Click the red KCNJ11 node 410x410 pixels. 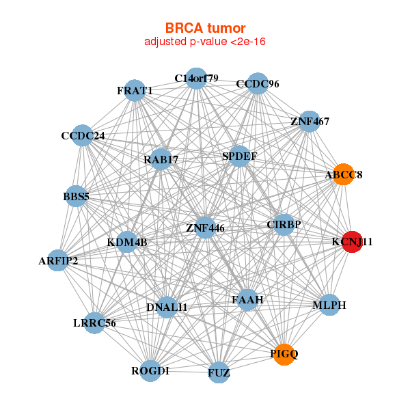(x=351, y=242)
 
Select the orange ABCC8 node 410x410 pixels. (x=343, y=174)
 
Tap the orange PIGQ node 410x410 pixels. (x=284, y=354)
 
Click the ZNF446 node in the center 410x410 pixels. (x=205, y=227)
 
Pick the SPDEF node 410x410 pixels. (x=239, y=156)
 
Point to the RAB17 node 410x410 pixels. (x=161, y=160)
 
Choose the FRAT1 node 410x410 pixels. (x=135, y=91)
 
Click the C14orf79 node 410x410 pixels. (x=196, y=78)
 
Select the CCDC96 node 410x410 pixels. (x=257, y=84)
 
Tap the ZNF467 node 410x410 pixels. (x=310, y=122)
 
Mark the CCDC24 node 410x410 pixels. (x=83, y=135)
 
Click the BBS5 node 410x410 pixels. (x=77, y=197)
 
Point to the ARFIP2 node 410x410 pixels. (x=58, y=260)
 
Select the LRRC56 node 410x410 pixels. (x=94, y=323)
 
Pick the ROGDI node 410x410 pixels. (x=150, y=370)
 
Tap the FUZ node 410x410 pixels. (x=219, y=372)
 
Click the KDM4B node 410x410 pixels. (x=127, y=242)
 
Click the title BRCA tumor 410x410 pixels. (x=205, y=28)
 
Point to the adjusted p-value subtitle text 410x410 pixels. (x=205, y=42)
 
